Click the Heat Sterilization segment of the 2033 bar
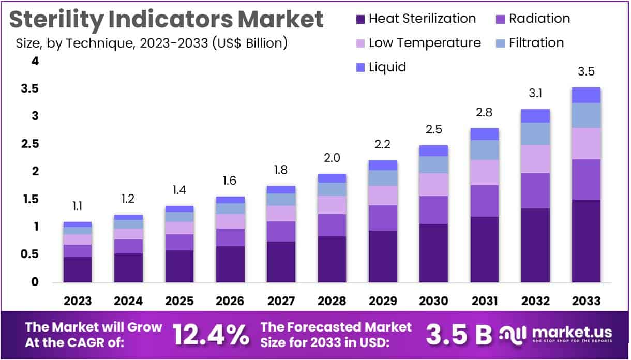click(x=585, y=241)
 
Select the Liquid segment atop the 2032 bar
click(x=535, y=116)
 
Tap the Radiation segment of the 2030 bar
click(x=433, y=210)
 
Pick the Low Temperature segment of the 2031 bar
click(x=484, y=172)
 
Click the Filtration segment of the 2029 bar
click(x=383, y=178)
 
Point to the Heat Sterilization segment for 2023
click(x=78, y=269)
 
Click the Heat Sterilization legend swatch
click(x=360, y=19)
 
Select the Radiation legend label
click(x=539, y=19)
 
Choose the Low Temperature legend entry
click(x=424, y=42)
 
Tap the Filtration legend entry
click(x=536, y=42)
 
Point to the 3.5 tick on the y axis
click(x=29, y=89)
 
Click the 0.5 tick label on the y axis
click(x=29, y=254)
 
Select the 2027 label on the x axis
click(x=281, y=301)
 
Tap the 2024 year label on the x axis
click(x=128, y=301)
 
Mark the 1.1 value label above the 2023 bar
click(x=78, y=206)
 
